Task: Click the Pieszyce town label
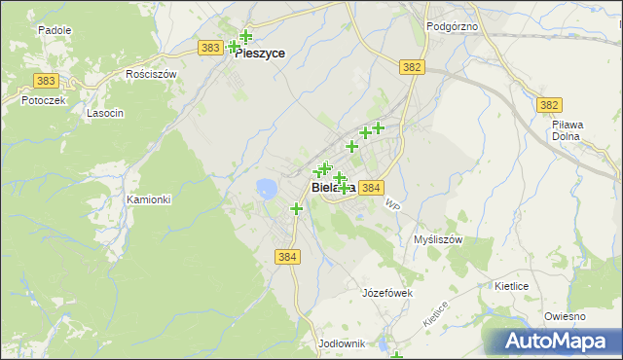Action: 260,54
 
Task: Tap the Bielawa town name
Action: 331,187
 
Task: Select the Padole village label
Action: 55,30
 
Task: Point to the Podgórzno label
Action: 452,26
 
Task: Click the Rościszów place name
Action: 151,74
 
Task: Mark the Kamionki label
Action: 148,199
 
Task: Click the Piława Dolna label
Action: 566,130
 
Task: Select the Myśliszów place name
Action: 437,238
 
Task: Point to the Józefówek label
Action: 388,293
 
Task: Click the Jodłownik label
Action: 341,344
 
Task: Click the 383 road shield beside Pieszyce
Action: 209,47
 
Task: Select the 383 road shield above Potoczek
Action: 44,81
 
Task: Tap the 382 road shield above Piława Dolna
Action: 550,104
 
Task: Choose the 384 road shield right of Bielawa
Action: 371,187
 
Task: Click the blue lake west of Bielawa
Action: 265,187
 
